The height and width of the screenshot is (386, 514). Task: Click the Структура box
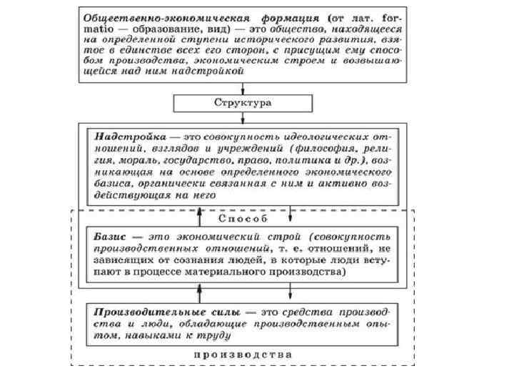(x=243, y=103)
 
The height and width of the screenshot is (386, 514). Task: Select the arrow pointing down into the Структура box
(x=243, y=88)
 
